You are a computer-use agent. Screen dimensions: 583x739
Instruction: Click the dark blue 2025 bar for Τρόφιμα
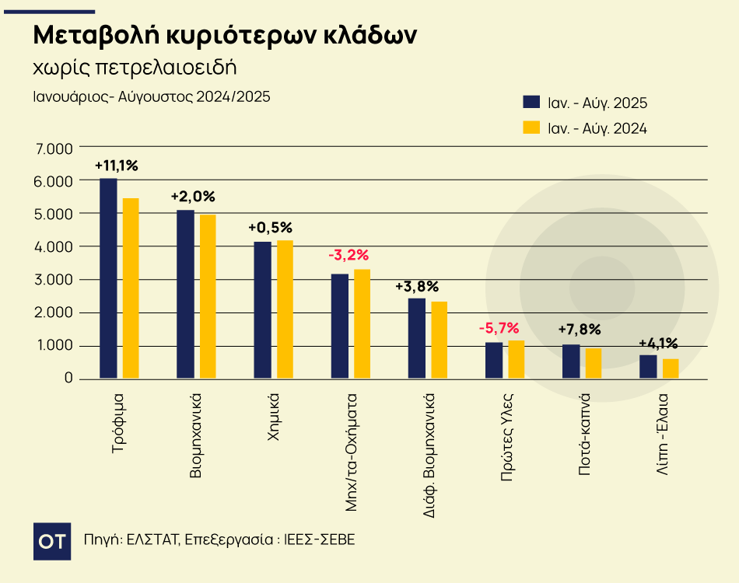pyautogui.click(x=108, y=278)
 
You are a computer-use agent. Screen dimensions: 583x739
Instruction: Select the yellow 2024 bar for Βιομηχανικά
pyautogui.click(x=208, y=296)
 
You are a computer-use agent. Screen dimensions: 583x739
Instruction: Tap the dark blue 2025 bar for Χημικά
pyautogui.click(x=263, y=310)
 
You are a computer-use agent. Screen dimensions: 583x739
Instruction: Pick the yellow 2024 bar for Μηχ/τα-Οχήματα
pyautogui.click(x=362, y=323)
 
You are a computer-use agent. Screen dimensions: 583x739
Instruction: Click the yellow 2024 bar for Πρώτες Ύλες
pyautogui.click(x=517, y=359)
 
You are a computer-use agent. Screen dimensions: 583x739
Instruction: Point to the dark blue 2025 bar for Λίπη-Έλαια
pyautogui.click(x=648, y=367)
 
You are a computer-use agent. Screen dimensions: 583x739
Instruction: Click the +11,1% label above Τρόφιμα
pyautogui.click(x=116, y=166)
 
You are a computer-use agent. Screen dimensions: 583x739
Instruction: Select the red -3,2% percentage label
pyautogui.click(x=348, y=255)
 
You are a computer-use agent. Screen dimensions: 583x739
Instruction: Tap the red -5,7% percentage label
pyautogui.click(x=499, y=327)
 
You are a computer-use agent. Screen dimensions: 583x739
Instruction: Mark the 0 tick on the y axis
pyautogui.click(x=68, y=379)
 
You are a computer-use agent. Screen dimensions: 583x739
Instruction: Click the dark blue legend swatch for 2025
pyautogui.click(x=531, y=103)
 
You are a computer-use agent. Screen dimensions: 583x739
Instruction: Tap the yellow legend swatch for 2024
pyautogui.click(x=531, y=127)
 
